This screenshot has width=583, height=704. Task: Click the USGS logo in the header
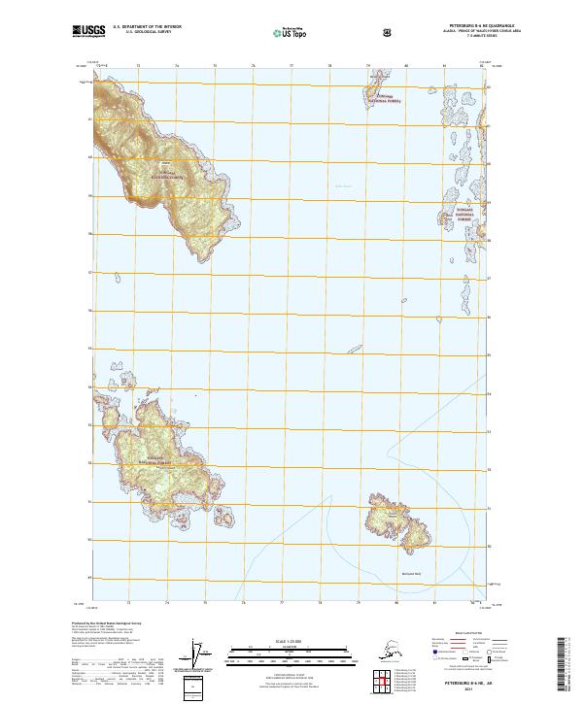[88, 33]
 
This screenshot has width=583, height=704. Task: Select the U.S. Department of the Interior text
[148, 27]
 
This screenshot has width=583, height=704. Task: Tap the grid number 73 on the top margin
[139, 66]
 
